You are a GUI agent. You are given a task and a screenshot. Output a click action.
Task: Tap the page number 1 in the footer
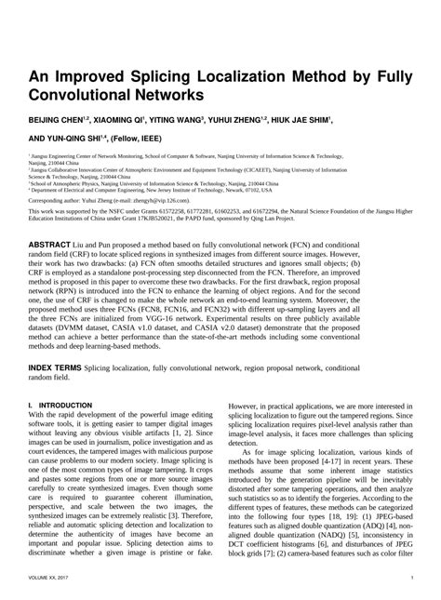[x=410, y=578]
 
